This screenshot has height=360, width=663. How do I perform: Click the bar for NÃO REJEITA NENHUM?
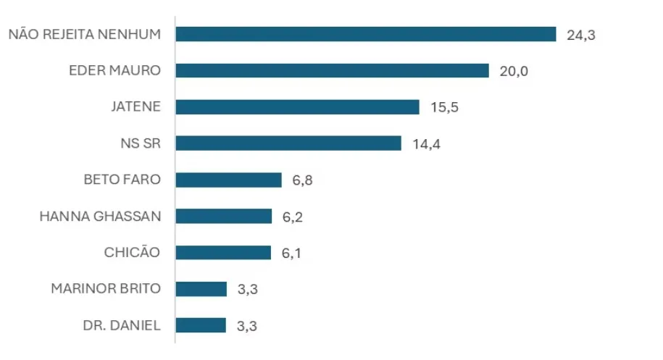(365, 34)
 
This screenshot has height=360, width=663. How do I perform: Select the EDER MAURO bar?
(332, 70)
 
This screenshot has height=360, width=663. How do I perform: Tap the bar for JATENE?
(297, 107)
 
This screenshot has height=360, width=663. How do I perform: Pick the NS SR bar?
(288, 143)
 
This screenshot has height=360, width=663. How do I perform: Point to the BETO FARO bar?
(228, 180)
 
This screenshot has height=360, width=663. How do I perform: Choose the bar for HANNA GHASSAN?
(223, 216)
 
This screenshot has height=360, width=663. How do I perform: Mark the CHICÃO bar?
(222, 253)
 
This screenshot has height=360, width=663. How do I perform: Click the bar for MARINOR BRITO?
(201, 289)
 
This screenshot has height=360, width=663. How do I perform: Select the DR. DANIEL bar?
(201, 325)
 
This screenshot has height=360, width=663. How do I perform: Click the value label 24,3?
(580, 35)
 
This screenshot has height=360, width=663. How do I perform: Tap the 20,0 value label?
(514, 71)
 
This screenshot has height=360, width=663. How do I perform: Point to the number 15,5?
(444, 107)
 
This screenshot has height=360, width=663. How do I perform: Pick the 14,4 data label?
(426, 143)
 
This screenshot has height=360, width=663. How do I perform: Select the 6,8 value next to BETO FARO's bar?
(302, 180)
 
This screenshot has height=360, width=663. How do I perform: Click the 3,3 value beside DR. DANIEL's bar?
(246, 326)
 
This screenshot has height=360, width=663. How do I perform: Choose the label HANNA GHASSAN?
(100, 216)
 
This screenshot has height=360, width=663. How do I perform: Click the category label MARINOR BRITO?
(106, 288)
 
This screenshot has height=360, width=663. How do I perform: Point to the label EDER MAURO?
(114, 70)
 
